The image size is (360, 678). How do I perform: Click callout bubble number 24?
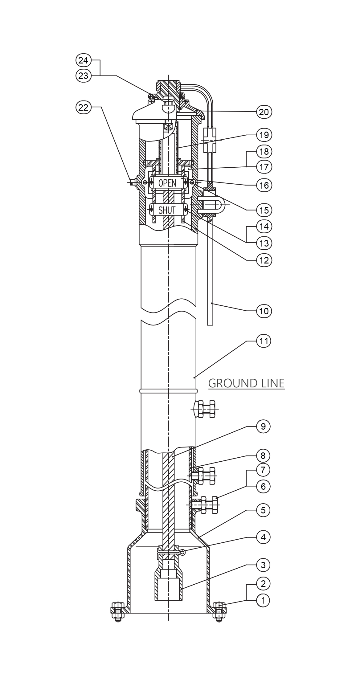pos(83,60)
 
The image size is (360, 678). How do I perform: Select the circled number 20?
pos(264,112)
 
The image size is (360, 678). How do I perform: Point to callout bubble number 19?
pos(264,135)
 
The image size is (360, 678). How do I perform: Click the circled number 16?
pos(264,185)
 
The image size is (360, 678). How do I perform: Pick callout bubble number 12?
pos(264,260)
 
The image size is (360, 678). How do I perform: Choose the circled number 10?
pos(264,311)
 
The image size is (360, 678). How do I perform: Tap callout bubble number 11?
pos(264,341)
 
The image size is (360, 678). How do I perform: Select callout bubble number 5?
pos(263,510)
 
